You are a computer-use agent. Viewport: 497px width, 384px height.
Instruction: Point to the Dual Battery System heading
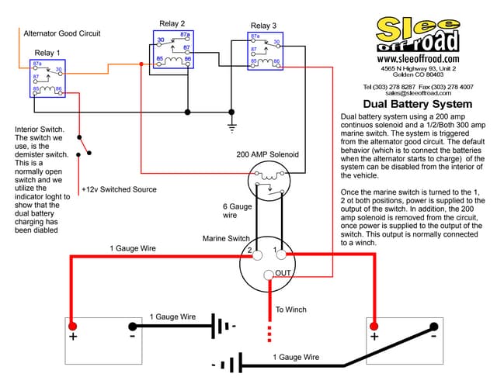pos(417,104)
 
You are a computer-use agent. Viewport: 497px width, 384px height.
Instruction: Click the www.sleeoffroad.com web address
pos(417,58)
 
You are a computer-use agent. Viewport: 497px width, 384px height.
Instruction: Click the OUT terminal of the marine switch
pos(269,273)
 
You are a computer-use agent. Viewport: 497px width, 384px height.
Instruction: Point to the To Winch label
pos(291,310)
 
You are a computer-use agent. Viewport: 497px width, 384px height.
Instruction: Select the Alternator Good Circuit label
pos(61,34)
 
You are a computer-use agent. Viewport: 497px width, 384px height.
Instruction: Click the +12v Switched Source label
pos(118,189)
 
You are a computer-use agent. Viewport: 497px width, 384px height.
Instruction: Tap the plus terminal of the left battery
pos(73,327)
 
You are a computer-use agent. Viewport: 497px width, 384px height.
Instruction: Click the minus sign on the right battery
pos(433,336)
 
